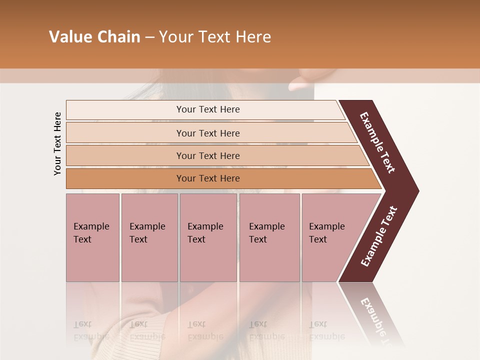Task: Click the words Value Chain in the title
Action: pos(94,37)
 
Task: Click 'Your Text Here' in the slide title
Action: pos(215,37)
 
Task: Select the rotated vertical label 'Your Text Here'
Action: pos(57,143)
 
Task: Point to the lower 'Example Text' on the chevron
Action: pos(378,236)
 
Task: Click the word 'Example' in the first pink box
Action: pos(91,226)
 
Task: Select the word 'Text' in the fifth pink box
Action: pos(317,239)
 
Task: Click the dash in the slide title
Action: pos(149,37)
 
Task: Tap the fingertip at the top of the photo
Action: pos(300,84)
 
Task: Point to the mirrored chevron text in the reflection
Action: pos(377,320)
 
